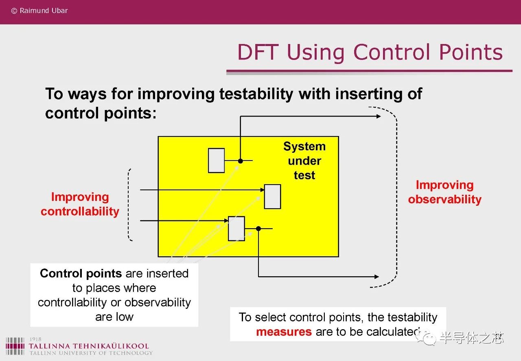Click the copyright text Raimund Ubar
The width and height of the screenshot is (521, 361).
tap(39, 11)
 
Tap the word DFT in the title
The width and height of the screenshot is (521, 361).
tap(258, 52)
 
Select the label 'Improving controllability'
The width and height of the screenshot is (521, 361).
tap(80, 204)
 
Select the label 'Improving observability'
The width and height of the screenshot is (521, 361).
tap(445, 192)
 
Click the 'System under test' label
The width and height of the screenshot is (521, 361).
tap(304, 161)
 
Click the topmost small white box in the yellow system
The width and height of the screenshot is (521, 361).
tap(216, 161)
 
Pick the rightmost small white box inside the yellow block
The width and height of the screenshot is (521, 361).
tap(273, 196)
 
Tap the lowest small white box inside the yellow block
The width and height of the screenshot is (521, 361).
tap(236, 229)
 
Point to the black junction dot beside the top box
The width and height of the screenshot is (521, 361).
tap(241, 161)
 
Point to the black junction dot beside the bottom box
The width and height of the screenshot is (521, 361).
tap(258, 229)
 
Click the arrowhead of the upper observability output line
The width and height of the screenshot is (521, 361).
tap(379, 116)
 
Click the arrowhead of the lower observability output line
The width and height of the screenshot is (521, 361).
tap(377, 277)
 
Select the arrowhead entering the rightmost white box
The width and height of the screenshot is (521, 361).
tap(263, 190)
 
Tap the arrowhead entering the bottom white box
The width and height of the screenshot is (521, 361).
tap(226, 220)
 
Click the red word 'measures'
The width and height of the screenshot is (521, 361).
tap(284, 332)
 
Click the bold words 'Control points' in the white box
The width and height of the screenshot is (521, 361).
tap(81, 273)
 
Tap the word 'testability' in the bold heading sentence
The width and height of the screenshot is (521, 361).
tap(256, 94)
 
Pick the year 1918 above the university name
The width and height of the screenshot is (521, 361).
tap(35, 339)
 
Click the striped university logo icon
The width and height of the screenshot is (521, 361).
tap(15, 346)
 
